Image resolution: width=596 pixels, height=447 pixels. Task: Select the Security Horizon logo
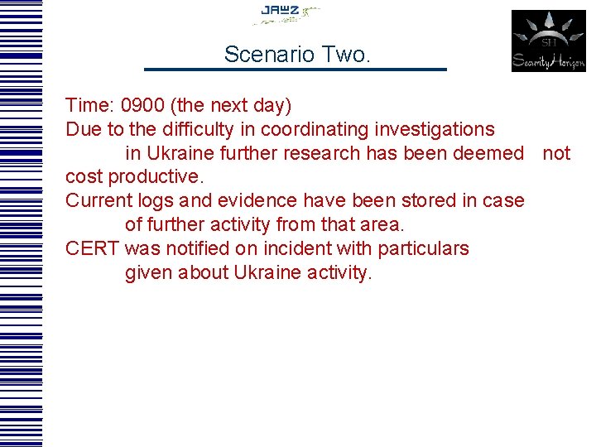pyautogui.click(x=548, y=41)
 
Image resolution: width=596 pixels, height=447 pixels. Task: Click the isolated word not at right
pyautogui.click(x=556, y=154)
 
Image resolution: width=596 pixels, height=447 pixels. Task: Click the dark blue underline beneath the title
pyautogui.click(x=296, y=69)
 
